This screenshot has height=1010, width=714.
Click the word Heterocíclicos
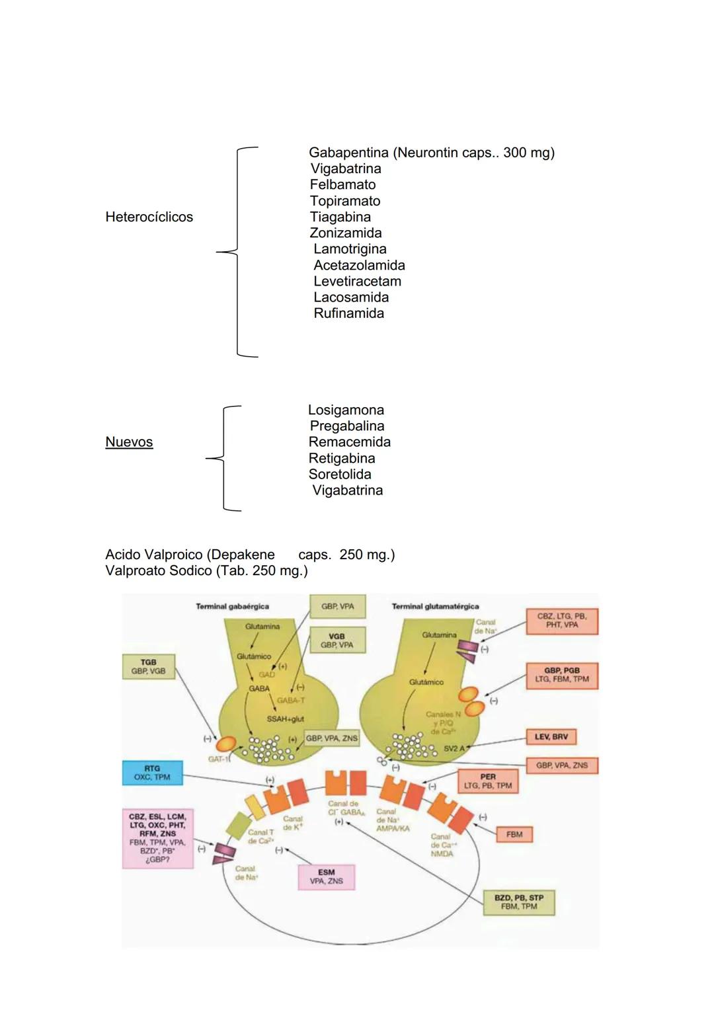pyautogui.click(x=149, y=217)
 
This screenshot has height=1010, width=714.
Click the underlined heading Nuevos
pyautogui.click(x=129, y=442)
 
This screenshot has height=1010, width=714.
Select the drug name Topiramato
pyautogui.click(x=344, y=201)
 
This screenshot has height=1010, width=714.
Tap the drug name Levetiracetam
pyautogui.click(x=357, y=282)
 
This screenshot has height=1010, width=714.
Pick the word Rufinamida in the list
pyautogui.click(x=348, y=313)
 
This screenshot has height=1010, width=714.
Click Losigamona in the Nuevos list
pyautogui.click(x=346, y=410)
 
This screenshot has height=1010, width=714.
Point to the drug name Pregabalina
pyautogui.click(x=346, y=426)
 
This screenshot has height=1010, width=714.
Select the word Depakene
pyautogui.click(x=245, y=555)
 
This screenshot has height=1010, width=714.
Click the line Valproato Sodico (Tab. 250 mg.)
pyautogui.click(x=206, y=570)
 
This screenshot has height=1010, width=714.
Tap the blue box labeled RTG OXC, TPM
pyautogui.click(x=152, y=773)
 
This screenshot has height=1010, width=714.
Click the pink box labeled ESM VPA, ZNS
pyautogui.click(x=326, y=876)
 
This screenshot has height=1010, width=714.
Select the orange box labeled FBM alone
pyautogui.click(x=514, y=834)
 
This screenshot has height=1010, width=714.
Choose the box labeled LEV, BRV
pyautogui.click(x=551, y=736)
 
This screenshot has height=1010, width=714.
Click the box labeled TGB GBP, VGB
pyautogui.click(x=148, y=666)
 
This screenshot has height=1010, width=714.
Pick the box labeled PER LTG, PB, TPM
pyautogui.click(x=488, y=781)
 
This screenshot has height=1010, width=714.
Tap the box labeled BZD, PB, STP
pyautogui.click(x=518, y=902)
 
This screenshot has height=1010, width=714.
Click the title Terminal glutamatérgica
pyautogui.click(x=435, y=606)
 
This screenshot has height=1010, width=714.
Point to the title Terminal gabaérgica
pyautogui.click(x=232, y=606)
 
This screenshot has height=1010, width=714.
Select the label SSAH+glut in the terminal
pyautogui.click(x=285, y=719)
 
